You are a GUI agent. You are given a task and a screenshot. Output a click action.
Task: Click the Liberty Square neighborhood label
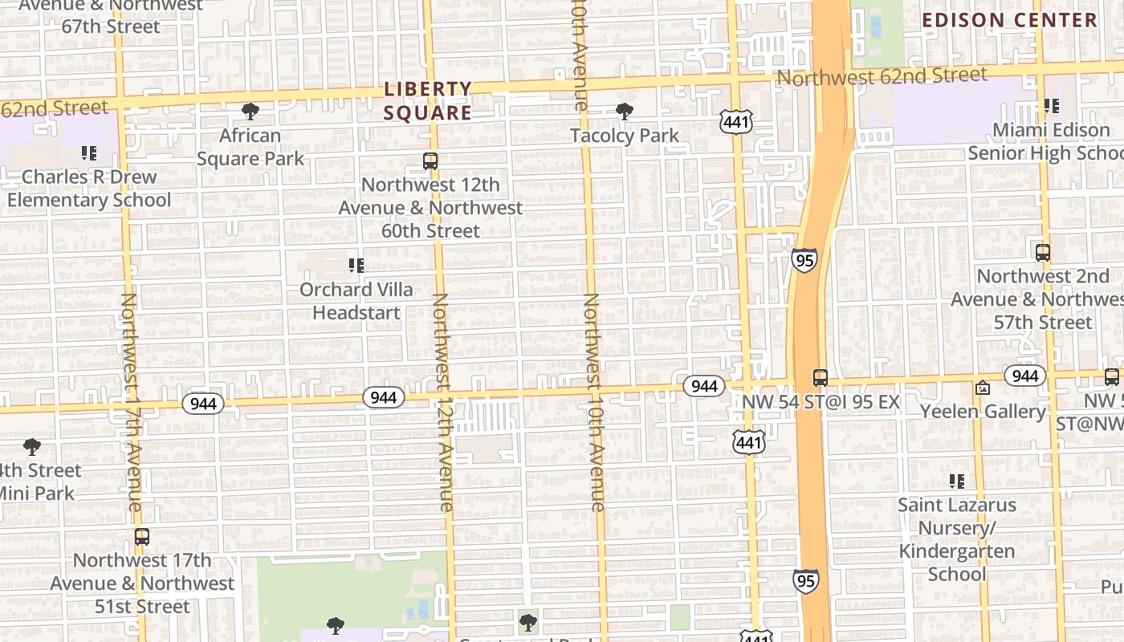[x=427, y=101]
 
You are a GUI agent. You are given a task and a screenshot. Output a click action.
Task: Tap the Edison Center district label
[x=1009, y=20]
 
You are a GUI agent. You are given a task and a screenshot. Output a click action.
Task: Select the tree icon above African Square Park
[x=250, y=112]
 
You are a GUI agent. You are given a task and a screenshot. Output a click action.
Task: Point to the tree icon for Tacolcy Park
[x=624, y=112]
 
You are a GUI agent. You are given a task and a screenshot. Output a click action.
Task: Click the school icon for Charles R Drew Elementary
[x=88, y=152]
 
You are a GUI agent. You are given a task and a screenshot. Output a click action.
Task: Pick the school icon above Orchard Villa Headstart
[x=356, y=266]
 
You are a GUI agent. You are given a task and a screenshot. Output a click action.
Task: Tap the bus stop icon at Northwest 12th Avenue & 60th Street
[x=430, y=161]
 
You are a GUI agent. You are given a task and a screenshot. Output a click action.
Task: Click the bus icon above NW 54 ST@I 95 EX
[x=820, y=378]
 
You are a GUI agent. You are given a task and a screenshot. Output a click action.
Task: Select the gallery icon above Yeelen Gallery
[x=982, y=388]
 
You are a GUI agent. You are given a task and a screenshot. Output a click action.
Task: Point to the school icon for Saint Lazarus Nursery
[x=956, y=481]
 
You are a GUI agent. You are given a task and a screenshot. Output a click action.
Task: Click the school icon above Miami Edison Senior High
[x=1051, y=106]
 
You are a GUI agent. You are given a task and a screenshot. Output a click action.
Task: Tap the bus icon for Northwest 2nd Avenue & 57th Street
[x=1042, y=253]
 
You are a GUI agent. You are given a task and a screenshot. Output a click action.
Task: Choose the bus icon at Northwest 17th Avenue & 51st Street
[x=142, y=537]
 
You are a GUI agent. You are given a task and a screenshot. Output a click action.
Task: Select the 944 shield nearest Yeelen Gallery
[x=1024, y=376]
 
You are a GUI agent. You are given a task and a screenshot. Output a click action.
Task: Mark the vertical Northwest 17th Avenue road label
[x=132, y=401]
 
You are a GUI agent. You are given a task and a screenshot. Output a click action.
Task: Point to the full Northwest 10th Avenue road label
[x=593, y=401]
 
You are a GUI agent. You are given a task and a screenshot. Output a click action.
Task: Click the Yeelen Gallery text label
[x=983, y=412]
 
